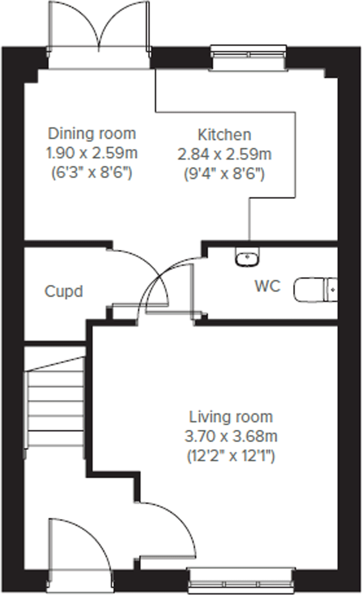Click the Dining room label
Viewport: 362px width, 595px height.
92,134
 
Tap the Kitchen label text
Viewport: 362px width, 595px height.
224,135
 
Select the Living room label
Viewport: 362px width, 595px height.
231,417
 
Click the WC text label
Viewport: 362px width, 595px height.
268,286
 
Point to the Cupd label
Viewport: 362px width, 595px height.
64,292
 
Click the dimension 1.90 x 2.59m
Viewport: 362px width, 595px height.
92,153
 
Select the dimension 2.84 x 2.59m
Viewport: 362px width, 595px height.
224,154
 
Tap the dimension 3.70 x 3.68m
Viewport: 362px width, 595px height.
231,436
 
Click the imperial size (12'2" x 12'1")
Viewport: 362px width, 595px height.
231,456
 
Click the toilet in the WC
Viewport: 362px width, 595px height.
315,290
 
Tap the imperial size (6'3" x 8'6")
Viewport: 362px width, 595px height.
92,173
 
